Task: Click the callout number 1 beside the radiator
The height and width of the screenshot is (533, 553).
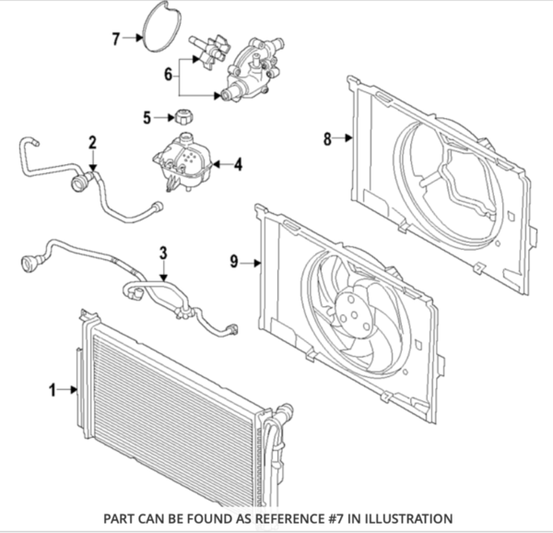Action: (x=52, y=390)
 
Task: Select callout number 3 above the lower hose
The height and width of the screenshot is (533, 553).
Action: (x=163, y=253)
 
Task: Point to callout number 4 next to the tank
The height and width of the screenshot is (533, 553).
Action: (x=237, y=165)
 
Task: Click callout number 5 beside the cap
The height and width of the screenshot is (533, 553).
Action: (x=146, y=117)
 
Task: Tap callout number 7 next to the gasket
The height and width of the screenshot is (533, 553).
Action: (x=116, y=39)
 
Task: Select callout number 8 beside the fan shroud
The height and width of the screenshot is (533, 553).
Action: (x=327, y=139)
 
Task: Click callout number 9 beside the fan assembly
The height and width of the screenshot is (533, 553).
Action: (x=234, y=262)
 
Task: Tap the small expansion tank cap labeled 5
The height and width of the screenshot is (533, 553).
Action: (x=182, y=117)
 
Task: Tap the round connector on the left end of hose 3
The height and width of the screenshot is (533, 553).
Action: (x=30, y=265)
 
